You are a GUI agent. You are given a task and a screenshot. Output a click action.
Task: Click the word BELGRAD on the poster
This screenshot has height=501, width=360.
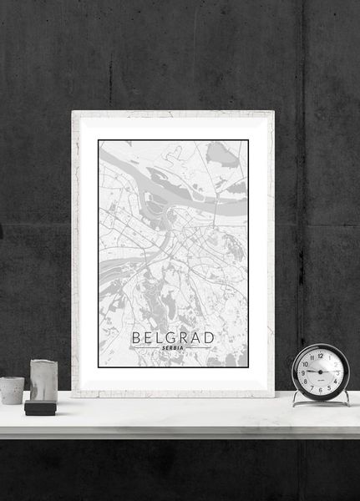[x=173, y=337]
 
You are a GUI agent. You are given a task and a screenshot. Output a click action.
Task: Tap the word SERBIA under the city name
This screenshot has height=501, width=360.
[x=173, y=348]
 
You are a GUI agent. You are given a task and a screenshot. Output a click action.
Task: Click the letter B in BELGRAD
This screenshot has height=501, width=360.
[x=136, y=337]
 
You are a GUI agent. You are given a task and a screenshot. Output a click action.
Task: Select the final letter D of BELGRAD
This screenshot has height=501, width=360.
[x=209, y=337]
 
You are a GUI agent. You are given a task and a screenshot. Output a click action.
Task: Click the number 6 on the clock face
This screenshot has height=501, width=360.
[x=321, y=390]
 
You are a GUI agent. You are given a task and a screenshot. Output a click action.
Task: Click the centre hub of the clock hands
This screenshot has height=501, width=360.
[x=321, y=372]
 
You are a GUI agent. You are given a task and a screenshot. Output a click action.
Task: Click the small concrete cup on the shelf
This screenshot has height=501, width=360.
[x=12, y=390]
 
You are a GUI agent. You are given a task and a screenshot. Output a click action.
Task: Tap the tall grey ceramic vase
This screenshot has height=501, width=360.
[x=43, y=380]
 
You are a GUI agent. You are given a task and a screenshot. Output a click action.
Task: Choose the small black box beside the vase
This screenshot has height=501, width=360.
[x=39, y=408]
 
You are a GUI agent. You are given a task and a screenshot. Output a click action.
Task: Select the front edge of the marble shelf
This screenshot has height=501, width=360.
[x=180, y=431]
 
